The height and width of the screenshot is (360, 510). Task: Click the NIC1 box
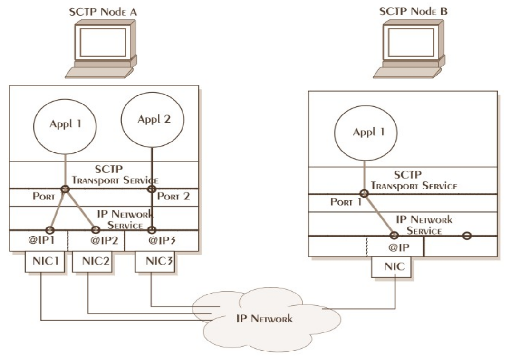(45, 261)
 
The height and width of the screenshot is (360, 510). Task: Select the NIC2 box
(92, 261)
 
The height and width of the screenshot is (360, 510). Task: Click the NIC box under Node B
(392, 267)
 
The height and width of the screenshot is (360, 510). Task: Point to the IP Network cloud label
(265, 318)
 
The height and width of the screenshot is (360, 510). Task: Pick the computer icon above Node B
(409, 50)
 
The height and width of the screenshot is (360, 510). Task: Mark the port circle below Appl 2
(152, 189)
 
